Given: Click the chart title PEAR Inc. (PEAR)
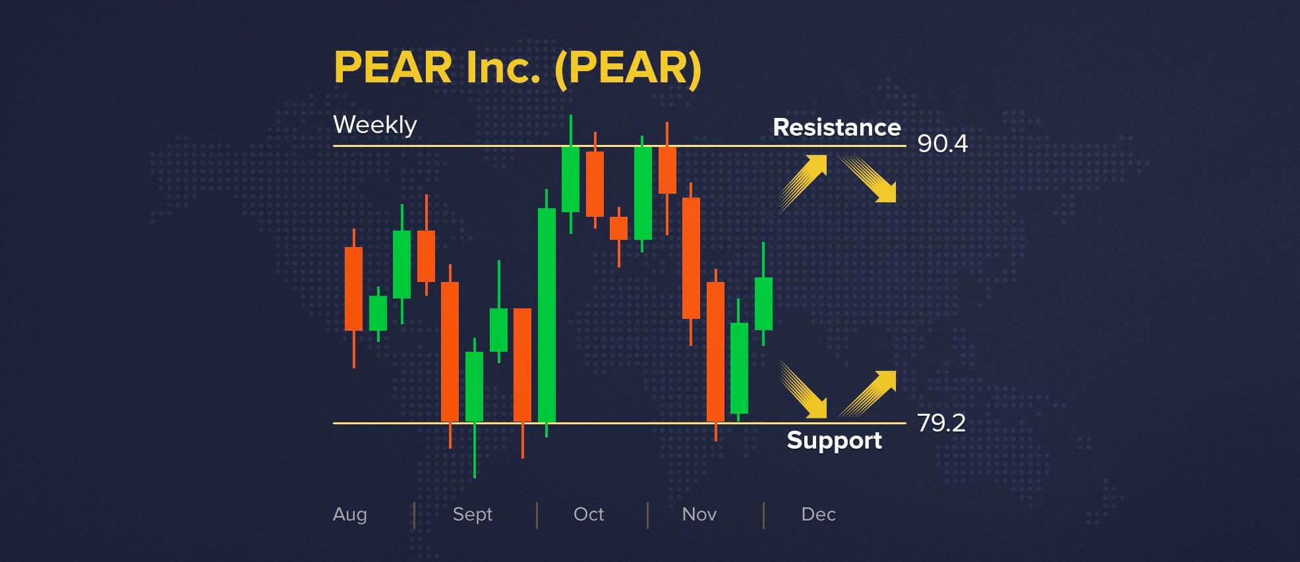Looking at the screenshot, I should [517, 67].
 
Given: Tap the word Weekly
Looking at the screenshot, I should [374, 125].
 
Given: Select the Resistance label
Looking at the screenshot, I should [836, 127].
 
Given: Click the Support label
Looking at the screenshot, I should [834, 440].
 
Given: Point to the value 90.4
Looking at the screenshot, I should [942, 144].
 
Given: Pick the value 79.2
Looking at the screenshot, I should [941, 423].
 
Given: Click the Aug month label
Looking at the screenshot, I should [349, 514].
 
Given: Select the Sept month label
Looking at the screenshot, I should [472, 514].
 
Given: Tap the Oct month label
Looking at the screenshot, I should [588, 514].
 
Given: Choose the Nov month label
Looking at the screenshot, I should [699, 514].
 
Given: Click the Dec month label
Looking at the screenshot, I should [818, 514].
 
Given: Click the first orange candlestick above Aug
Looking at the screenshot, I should [353, 289].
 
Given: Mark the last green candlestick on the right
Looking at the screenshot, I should [763, 303].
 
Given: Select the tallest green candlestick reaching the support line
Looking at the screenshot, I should [547, 315].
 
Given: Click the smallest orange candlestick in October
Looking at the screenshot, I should [618, 229].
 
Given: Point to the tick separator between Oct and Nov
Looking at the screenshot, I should [647, 515].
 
